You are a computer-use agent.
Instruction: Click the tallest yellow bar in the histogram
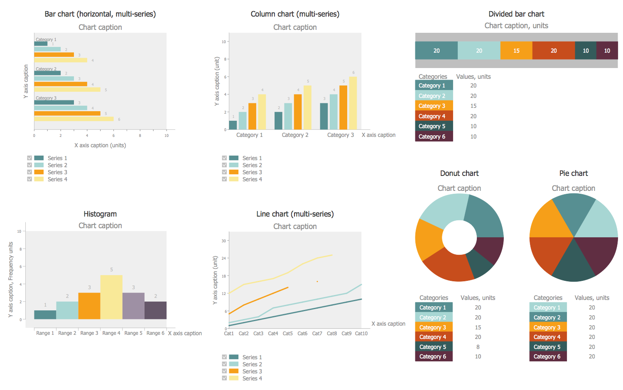point(111,297)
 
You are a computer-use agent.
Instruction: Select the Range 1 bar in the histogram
point(45,315)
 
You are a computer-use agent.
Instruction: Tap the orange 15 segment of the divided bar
point(516,51)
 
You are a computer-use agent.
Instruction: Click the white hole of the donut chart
point(459,237)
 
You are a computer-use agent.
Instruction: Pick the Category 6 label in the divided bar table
point(432,136)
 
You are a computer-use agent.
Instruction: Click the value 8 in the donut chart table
point(478,347)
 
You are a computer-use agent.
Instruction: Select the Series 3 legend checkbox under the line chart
point(224,371)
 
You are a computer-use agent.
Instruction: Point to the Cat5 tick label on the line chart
point(287,334)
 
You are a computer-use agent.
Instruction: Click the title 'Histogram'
point(100,214)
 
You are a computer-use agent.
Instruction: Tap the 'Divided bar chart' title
point(516,14)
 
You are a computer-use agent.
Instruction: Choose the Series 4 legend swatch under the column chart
point(234,179)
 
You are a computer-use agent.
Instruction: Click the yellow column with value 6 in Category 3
point(353,103)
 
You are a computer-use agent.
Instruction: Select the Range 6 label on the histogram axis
point(155,333)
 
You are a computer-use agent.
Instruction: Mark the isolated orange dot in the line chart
point(317,282)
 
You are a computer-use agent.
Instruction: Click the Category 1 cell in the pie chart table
point(547,307)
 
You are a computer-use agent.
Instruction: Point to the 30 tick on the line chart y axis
point(224,241)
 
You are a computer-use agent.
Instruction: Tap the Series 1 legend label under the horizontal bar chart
point(57,158)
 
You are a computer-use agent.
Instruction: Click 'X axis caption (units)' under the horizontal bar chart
point(100,146)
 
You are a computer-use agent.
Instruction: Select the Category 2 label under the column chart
point(295,135)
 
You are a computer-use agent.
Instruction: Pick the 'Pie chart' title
point(574,173)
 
